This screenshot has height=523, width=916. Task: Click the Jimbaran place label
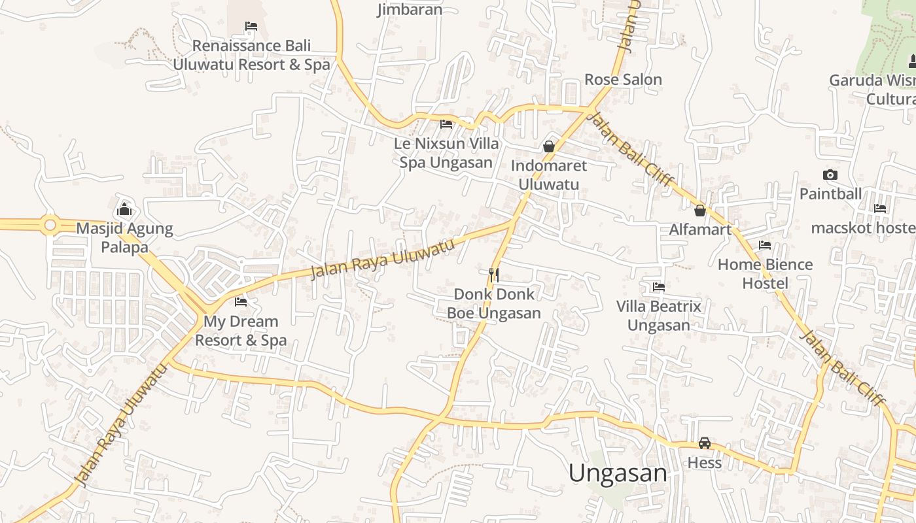(410, 9)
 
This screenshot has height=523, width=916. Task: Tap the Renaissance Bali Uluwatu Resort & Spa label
(251, 55)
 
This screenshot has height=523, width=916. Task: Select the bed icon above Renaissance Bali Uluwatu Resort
(251, 26)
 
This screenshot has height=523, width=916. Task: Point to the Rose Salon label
(623, 79)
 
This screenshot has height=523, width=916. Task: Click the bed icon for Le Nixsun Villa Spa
(446, 124)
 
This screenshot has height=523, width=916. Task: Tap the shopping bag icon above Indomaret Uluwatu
(549, 146)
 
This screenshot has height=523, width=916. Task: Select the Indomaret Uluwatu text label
(549, 175)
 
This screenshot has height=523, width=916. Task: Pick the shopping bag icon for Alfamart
(700, 210)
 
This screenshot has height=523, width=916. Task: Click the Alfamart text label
(700, 229)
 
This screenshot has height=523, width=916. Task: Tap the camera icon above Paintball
(830, 175)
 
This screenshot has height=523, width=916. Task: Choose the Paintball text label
(830, 194)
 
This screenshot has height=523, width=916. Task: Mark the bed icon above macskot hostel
(880, 209)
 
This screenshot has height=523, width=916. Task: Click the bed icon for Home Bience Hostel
(765, 245)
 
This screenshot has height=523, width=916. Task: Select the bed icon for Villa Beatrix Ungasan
(659, 286)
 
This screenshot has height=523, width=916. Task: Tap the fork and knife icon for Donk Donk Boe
(494, 275)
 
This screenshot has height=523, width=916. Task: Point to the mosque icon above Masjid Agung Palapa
(124, 209)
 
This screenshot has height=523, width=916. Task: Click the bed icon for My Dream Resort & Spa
(241, 301)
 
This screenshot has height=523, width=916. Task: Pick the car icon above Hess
(705, 443)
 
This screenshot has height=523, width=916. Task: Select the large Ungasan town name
(618, 473)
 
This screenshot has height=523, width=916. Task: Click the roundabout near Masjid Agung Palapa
(50, 225)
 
